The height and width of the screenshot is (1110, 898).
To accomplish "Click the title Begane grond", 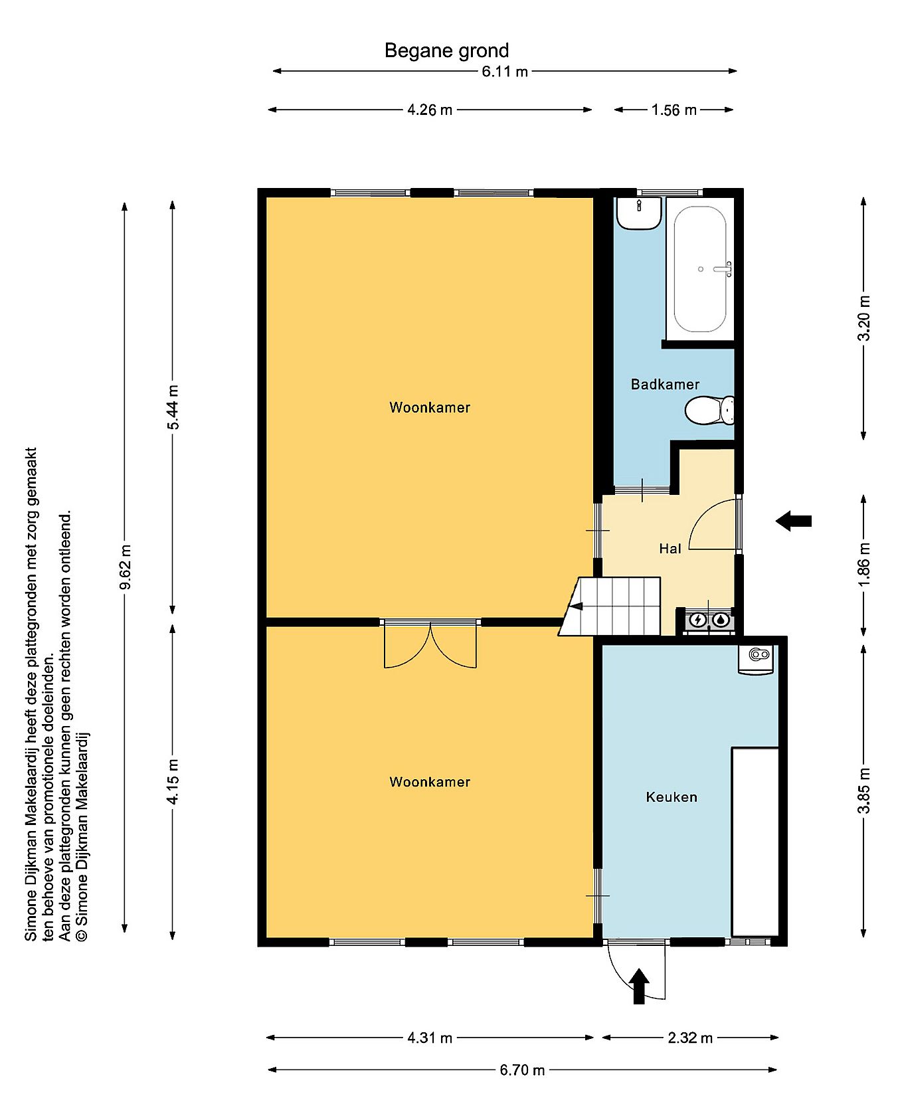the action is pyautogui.click(x=447, y=51).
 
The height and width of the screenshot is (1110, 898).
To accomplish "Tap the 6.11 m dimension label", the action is pyautogui.click(x=505, y=72).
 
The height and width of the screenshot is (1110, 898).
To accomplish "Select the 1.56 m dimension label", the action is pyautogui.click(x=674, y=110).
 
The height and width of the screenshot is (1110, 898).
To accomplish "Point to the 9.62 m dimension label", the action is pyautogui.click(x=125, y=567).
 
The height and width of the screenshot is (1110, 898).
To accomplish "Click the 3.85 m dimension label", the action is pyautogui.click(x=863, y=790).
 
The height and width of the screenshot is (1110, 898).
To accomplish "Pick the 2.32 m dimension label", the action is pyautogui.click(x=690, y=1038).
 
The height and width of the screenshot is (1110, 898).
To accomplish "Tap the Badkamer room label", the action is pyautogui.click(x=665, y=385).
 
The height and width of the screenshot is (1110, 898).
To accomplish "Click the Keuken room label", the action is pyautogui.click(x=672, y=797).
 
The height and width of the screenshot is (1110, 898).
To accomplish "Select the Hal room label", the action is pyautogui.click(x=670, y=549).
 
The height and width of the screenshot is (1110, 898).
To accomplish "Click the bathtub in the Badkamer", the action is pyautogui.click(x=700, y=269).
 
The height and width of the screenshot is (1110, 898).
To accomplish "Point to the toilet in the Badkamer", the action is pyautogui.click(x=709, y=411).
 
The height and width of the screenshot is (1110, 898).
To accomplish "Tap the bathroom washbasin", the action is pyautogui.click(x=638, y=213).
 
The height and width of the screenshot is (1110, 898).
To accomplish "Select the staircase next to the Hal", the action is pyautogui.click(x=610, y=606).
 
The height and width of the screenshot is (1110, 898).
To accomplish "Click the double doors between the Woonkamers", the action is pyautogui.click(x=430, y=644).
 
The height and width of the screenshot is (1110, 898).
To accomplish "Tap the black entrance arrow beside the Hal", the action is pyautogui.click(x=794, y=521).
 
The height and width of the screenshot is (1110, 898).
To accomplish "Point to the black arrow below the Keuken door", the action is pyautogui.click(x=639, y=986).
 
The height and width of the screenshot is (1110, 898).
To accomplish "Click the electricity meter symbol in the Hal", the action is pyautogui.click(x=698, y=620).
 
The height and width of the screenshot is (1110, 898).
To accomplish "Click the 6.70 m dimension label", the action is pyautogui.click(x=522, y=1070).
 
